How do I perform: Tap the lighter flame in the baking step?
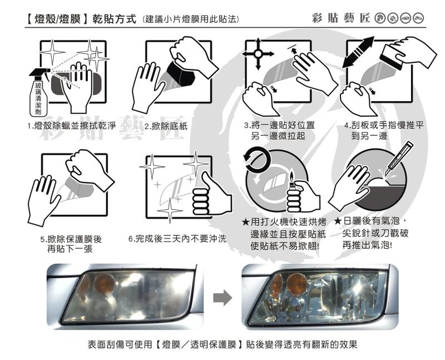tap(291, 175)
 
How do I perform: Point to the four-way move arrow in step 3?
tap(258, 53)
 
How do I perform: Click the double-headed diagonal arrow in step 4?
tap(358, 52)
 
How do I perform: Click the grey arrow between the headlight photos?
tap(222, 298)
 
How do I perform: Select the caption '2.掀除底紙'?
tap(166, 126)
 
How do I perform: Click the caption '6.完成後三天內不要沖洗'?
tap(177, 239)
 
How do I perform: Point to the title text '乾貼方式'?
tap(115, 19)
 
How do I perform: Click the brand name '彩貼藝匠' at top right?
tap(341, 18)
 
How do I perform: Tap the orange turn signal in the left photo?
tap(105, 284)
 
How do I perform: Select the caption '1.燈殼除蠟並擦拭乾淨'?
tap(72, 126)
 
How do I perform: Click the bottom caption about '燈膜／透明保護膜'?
tap(222, 344)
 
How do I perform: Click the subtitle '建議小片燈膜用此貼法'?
tap(191, 19)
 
